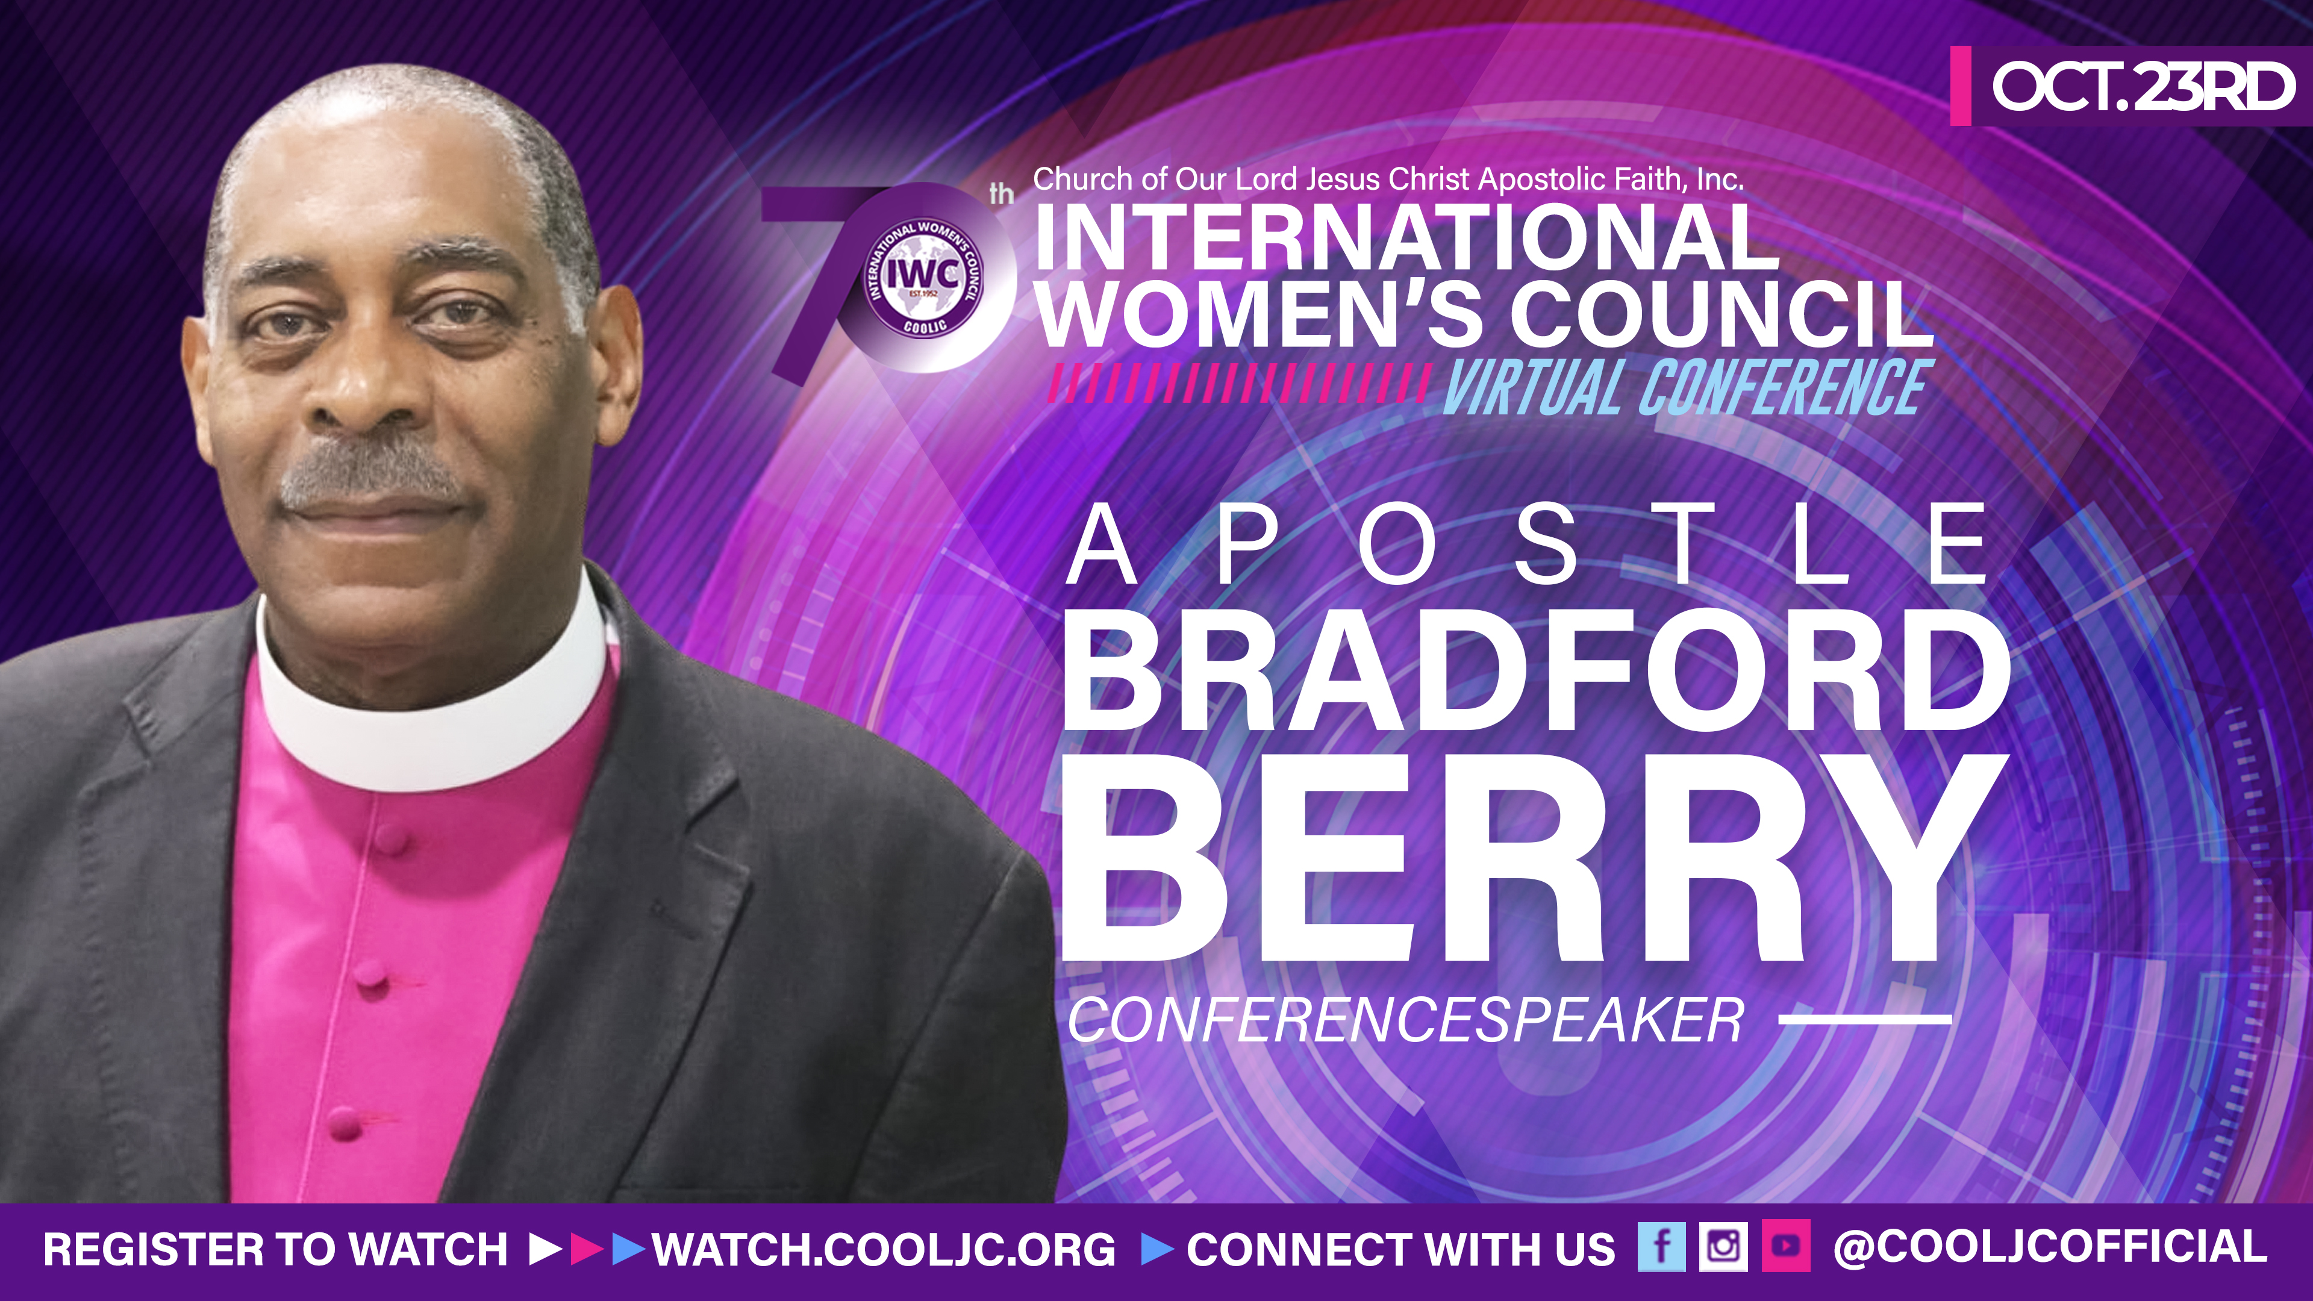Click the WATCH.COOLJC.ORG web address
coord(884,1250)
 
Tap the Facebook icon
coord(1661,1247)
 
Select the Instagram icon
coord(1722,1247)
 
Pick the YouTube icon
coord(1785,1247)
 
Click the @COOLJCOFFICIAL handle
coord(2050,1248)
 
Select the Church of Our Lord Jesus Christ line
coord(1388,179)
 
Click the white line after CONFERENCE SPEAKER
coord(1864,1019)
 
